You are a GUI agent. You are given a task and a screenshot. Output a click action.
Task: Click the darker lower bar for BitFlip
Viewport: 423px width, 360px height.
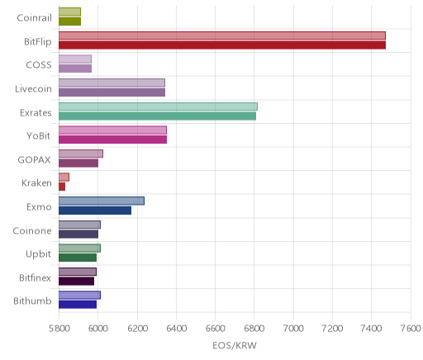[x=222, y=45]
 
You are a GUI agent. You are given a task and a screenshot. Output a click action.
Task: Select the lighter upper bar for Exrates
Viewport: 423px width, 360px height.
[x=158, y=107]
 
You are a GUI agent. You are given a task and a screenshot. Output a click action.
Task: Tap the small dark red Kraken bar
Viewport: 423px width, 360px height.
[x=62, y=187]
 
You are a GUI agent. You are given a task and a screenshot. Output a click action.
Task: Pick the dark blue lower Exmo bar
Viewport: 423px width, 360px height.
[x=95, y=211]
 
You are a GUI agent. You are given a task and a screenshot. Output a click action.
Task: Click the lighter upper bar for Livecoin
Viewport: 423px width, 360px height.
[x=112, y=83]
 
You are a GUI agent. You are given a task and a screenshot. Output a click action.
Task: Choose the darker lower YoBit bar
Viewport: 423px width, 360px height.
[x=112, y=140]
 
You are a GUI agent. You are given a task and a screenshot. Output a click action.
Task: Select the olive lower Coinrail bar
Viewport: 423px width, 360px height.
[x=69, y=21]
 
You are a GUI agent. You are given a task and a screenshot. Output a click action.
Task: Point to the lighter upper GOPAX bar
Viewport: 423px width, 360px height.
[x=81, y=154]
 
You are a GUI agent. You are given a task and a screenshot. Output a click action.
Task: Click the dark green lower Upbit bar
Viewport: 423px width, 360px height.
[x=78, y=258]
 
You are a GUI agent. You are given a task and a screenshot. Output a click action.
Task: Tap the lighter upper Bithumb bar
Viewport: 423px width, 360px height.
[x=79, y=295]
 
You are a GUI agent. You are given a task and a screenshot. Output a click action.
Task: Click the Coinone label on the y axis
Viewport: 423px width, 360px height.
[x=32, y=230]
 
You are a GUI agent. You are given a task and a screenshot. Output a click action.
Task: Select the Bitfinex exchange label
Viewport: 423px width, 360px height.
[x=35, y=277]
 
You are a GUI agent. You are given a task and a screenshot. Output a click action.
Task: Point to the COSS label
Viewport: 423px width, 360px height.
[x=39, y=65]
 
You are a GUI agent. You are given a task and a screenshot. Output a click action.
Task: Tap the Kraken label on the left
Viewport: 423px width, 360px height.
[x=36, y=182]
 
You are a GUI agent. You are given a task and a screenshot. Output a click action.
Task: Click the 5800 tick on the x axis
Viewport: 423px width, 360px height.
[x=59, y=329]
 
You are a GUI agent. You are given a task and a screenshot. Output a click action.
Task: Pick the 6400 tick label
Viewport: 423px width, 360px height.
[x=176, y=329]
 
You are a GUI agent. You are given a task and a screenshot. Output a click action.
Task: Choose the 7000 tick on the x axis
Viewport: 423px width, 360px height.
[x=293, y=329]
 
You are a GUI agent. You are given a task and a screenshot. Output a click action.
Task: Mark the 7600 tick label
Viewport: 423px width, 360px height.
[x=411, y=329]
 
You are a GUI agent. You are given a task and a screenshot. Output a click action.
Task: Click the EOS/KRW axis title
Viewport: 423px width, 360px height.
[x=235, y=345]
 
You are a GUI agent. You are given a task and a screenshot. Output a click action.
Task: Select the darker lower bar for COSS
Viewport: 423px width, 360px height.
[x=75, y=69]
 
